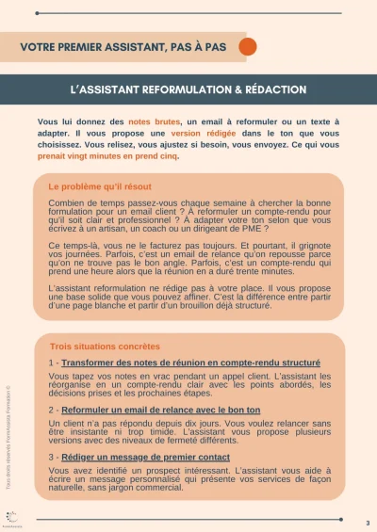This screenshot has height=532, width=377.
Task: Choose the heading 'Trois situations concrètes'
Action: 104,347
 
